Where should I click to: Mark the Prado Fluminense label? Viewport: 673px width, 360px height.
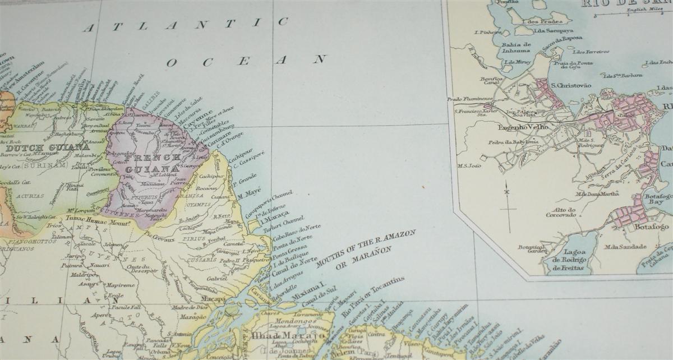pyautogui.click(x=469, y=99)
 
